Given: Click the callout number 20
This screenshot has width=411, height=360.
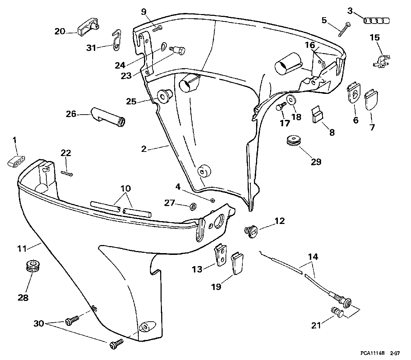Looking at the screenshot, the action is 60,32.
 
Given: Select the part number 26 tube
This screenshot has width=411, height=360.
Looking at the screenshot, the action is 108,117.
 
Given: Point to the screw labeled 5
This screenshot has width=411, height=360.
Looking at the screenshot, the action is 344,29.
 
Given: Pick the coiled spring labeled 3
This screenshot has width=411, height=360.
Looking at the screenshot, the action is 377,20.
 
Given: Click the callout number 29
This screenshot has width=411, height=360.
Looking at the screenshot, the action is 316,162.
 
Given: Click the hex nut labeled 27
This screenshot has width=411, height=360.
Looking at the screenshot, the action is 191,206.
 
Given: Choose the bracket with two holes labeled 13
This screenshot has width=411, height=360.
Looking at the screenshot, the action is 221,255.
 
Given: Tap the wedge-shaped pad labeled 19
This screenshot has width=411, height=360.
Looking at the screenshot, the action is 237,263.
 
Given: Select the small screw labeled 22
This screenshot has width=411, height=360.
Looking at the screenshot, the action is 67,173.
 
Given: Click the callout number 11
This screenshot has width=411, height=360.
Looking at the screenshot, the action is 22,248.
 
